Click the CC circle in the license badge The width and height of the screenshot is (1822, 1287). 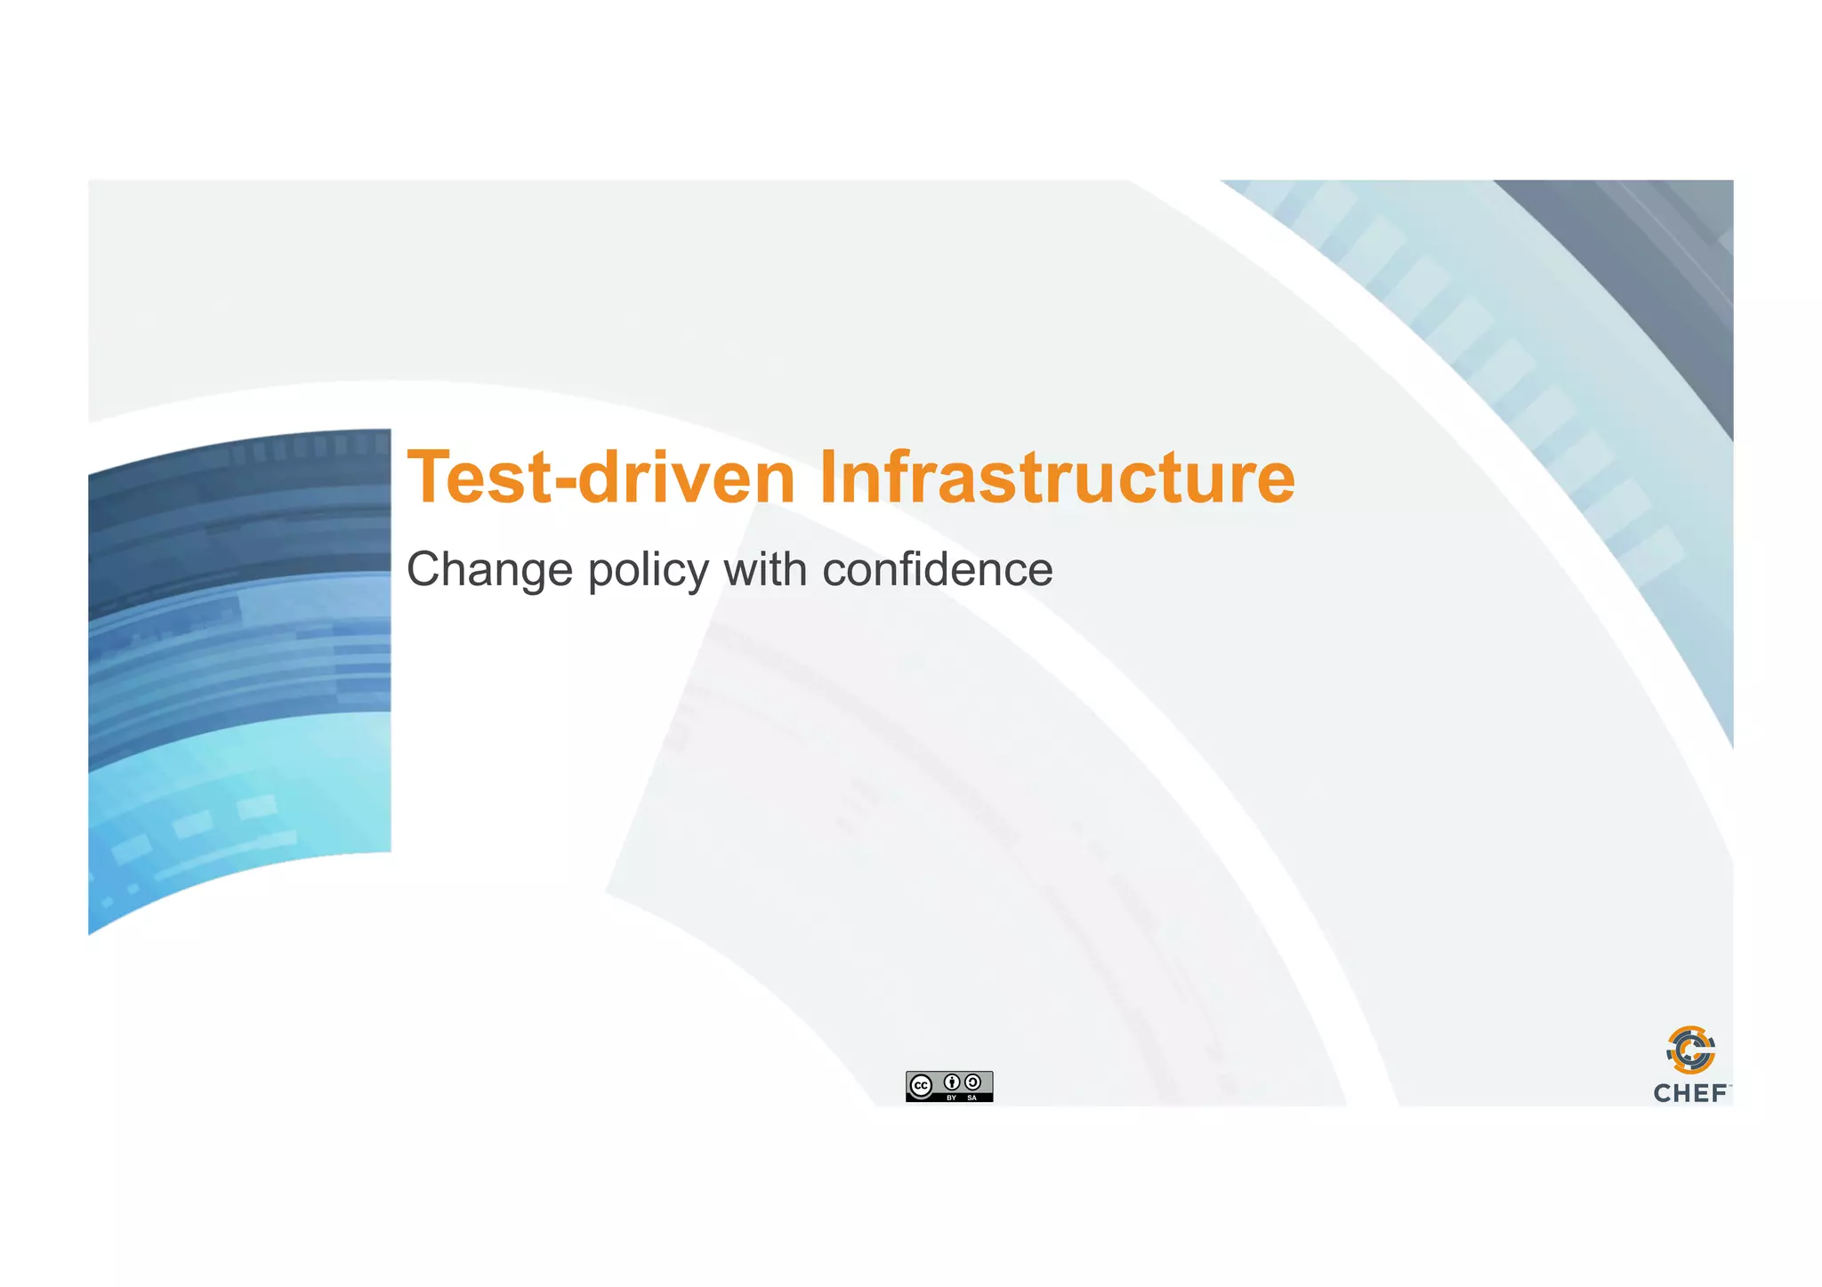point(922,1085)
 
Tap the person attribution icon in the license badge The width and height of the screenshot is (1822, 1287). point(952,1082)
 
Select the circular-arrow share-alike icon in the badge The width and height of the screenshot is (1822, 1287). point(973,1082)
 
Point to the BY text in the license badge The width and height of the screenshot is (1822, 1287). point(952,1098)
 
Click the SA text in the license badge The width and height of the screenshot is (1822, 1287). point(972,1098)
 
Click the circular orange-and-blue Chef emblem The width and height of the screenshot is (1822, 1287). point(1690,1050)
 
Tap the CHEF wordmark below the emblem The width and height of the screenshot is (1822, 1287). point(1690,1093)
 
